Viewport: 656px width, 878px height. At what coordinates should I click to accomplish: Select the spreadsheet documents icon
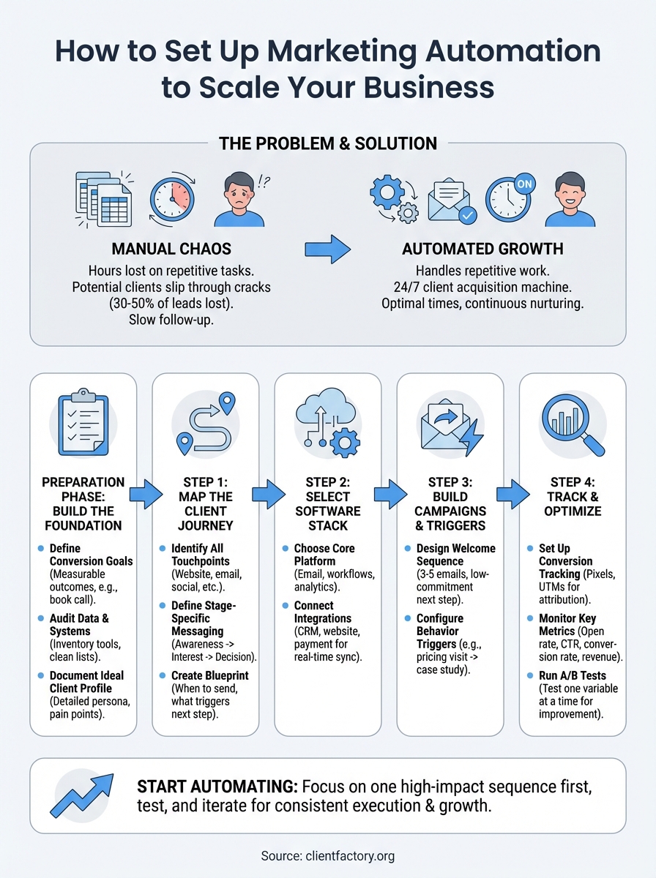(103, 200)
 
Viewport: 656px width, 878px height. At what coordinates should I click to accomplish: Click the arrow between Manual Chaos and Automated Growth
(327, 249)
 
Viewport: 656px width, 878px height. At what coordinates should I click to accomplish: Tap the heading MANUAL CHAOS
(171, 249)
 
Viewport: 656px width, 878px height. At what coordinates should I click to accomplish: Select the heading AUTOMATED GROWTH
(482, 249)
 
